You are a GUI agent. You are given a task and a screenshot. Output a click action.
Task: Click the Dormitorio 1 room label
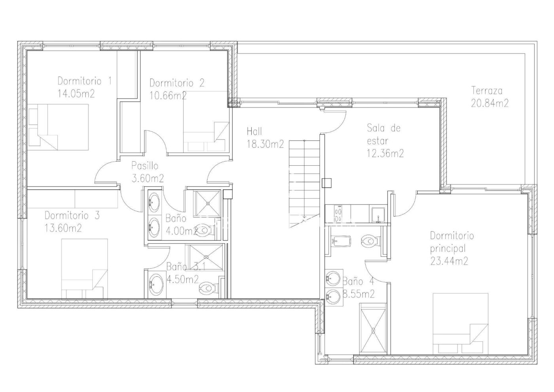coord(85,81)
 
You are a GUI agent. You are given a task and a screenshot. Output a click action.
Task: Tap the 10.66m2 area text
coord(168,96)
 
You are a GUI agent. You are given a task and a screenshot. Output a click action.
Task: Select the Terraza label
coord(487,91)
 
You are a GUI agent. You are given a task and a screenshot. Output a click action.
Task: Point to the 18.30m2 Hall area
coord(266,144)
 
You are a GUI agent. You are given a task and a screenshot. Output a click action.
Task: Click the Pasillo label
coord(145,166)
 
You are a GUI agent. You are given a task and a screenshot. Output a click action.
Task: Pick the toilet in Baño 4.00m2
coord(205,230)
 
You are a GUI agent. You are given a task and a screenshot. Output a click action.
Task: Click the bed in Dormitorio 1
coord(59,127)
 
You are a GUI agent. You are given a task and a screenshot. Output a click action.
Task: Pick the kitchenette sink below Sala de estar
coord(378,215)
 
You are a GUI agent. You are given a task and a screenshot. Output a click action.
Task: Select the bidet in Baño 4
coord(341,241)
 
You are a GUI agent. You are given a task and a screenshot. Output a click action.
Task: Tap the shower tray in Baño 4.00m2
coord(207,203)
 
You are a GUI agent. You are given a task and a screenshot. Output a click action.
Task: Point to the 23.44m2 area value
coord(449,261)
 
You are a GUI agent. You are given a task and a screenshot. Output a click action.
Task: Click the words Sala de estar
coord(385,134)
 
